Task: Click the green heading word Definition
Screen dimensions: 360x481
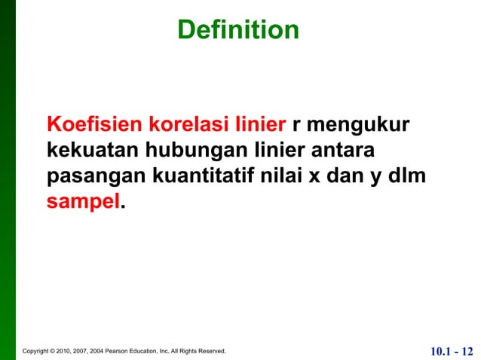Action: pos(238,29)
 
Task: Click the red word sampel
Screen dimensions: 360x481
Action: pos(83,203)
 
